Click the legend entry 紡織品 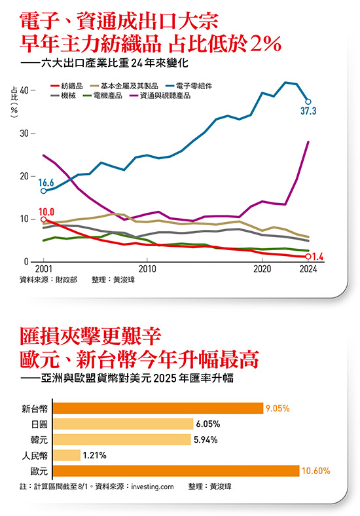point(71,86)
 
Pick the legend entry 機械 point(67,95)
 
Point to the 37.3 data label point(308,112)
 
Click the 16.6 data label point(45,182)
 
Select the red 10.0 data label point(46,212)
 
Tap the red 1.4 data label point(319,256)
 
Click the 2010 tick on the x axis point(147,268)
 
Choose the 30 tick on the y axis point(26,134)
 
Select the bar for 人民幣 point(66,454)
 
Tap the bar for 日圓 point(122,424)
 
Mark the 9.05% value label point(278,408)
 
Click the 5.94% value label point(206,439)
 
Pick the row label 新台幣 point(35,409)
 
